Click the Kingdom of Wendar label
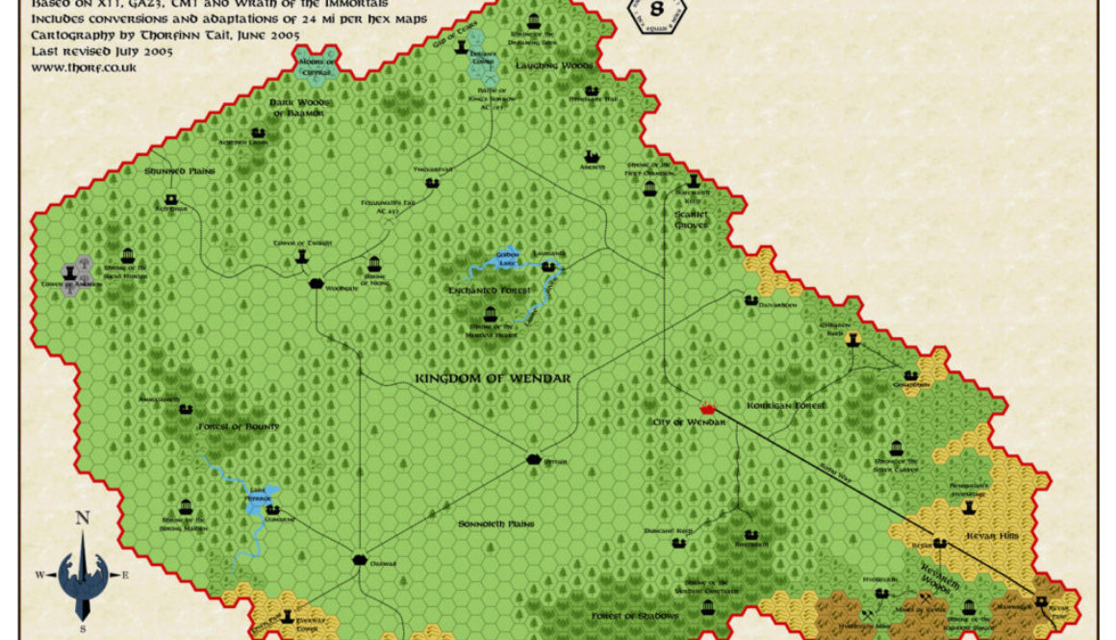(493, 378)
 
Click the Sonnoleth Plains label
(495, 524)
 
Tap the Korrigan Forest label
(786, 406)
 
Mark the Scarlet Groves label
(691, 219)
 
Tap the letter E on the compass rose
(124, 576)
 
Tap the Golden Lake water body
(508, 260)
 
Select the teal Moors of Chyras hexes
(317, 66)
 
